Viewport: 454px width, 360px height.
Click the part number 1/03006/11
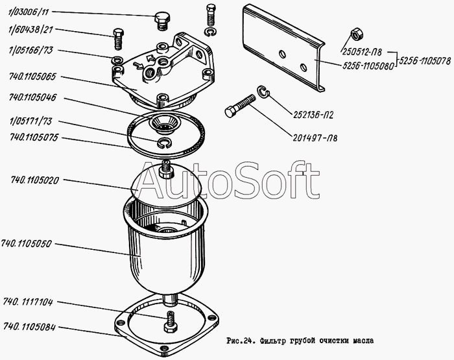pyautogui.click(x=29, y=12)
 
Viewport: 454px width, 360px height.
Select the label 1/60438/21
pyautogui.click(x=31, y=30)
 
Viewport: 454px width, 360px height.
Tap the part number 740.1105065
pyautogui.click(x=32, y=77)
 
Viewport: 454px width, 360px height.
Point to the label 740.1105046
pyautogui.click(x=32, y=97)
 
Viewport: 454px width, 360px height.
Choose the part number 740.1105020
pyautogui.click(x=35, y=180)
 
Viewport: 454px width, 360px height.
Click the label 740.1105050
pyautogui.click(x=26, y=244)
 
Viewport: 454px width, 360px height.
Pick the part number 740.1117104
pyautogui.click(x=28, y=302)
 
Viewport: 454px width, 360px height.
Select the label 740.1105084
pyautogui.click(x=29, y=328)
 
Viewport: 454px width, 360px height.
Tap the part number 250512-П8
pyautogui.click(x=362, y=52)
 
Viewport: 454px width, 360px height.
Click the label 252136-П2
pyautogui.click(x=313, y=115)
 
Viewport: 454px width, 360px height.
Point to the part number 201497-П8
pyautogui.click(x=315, y=138)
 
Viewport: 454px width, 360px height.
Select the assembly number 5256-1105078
pyautogui.click(x=425, y=61)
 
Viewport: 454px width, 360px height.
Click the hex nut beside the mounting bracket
pyautogui.click(x=357, y=34)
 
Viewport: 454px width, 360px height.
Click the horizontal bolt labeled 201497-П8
pyautogui.click(x=240, y=106)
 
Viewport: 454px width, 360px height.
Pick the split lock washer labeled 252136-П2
pyautogui.click(x=263, y=92)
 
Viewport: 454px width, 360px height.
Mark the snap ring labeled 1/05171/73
pyautogui.click(x=165, y=143)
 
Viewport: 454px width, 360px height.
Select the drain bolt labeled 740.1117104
pyautogui.click(x=170, y=322)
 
